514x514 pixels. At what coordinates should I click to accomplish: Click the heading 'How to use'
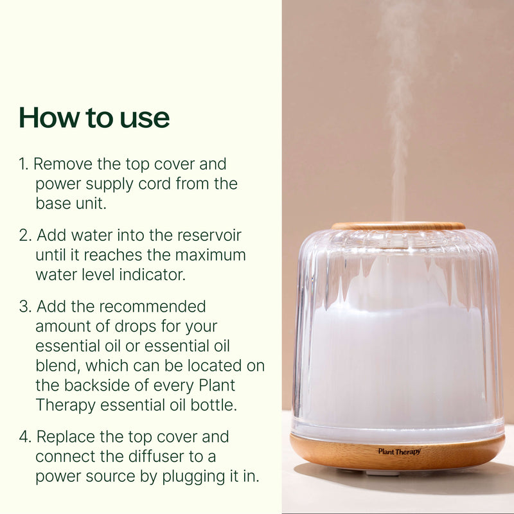click(94, 118)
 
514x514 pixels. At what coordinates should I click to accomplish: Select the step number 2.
click(24, 235)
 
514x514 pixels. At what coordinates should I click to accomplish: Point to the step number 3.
click(24, 306)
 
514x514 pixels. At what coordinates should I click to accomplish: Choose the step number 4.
click(24, 437)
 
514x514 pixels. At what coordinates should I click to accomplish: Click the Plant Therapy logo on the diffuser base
click(399, 452)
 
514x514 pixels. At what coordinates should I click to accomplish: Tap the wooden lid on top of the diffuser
click(398, 226)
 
